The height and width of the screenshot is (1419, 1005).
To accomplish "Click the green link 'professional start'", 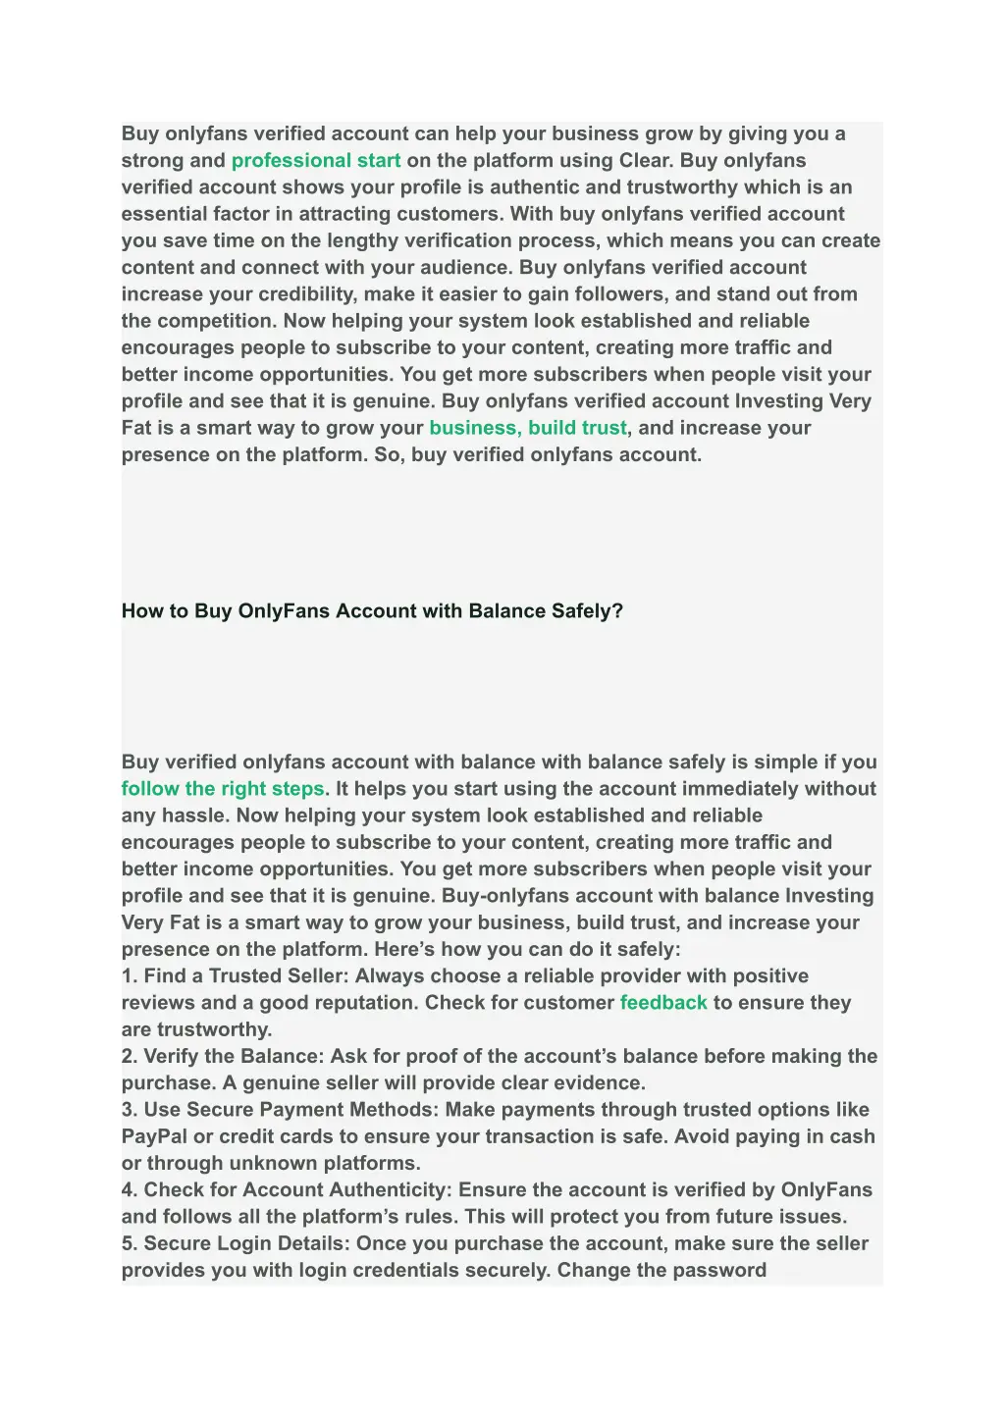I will [315, 161].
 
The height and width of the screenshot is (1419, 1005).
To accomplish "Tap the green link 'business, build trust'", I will [527, 428].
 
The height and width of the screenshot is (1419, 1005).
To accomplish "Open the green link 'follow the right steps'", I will [223, 789].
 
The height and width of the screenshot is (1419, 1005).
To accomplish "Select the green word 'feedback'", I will [663, 1003].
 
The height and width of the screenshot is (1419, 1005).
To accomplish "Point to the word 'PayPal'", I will [154, 1136].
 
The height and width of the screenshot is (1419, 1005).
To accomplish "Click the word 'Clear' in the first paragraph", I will [643, 161].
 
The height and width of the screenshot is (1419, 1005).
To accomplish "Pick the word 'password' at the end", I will [721, 1270].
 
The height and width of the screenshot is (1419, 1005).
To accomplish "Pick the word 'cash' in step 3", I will [852, 1136].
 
